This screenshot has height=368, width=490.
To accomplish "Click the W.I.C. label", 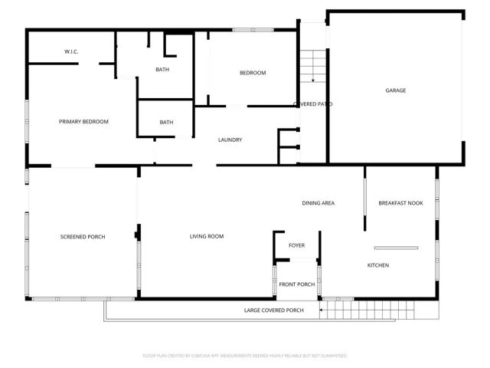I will coord(72,51).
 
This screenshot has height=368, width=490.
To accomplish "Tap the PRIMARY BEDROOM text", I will coord(83,121).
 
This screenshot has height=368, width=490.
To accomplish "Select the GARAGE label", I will coord(395,90).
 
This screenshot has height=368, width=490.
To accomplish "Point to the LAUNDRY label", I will coord(230,140).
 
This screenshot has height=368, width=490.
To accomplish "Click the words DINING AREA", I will coord(318,202).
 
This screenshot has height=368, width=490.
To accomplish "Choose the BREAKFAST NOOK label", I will coord(400,202).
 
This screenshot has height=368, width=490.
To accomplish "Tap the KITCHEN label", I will coord(378,265).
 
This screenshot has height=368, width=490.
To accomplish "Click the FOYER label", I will coord(296,245).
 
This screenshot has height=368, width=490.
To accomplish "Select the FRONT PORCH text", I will coord(296,284).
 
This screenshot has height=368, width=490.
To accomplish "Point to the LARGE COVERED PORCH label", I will coord(273,310).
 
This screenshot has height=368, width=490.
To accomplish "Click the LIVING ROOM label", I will coord(207,236).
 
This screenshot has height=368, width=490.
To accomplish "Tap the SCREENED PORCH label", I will coord(83,237).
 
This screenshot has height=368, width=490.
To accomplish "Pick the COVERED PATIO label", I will coord(312,103).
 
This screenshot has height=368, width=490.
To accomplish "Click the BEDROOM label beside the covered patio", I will coord(253,73).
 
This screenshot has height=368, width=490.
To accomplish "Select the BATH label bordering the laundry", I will coord(166,122).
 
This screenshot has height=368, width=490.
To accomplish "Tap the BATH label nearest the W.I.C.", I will coord(162,70).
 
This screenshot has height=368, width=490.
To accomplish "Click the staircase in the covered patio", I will coord(308,67).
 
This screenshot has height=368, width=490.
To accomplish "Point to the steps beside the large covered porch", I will coord(333,310).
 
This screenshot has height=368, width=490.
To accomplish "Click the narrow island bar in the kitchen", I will coord(396,247).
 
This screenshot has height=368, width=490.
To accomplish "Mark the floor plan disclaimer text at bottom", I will coord(245,356).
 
